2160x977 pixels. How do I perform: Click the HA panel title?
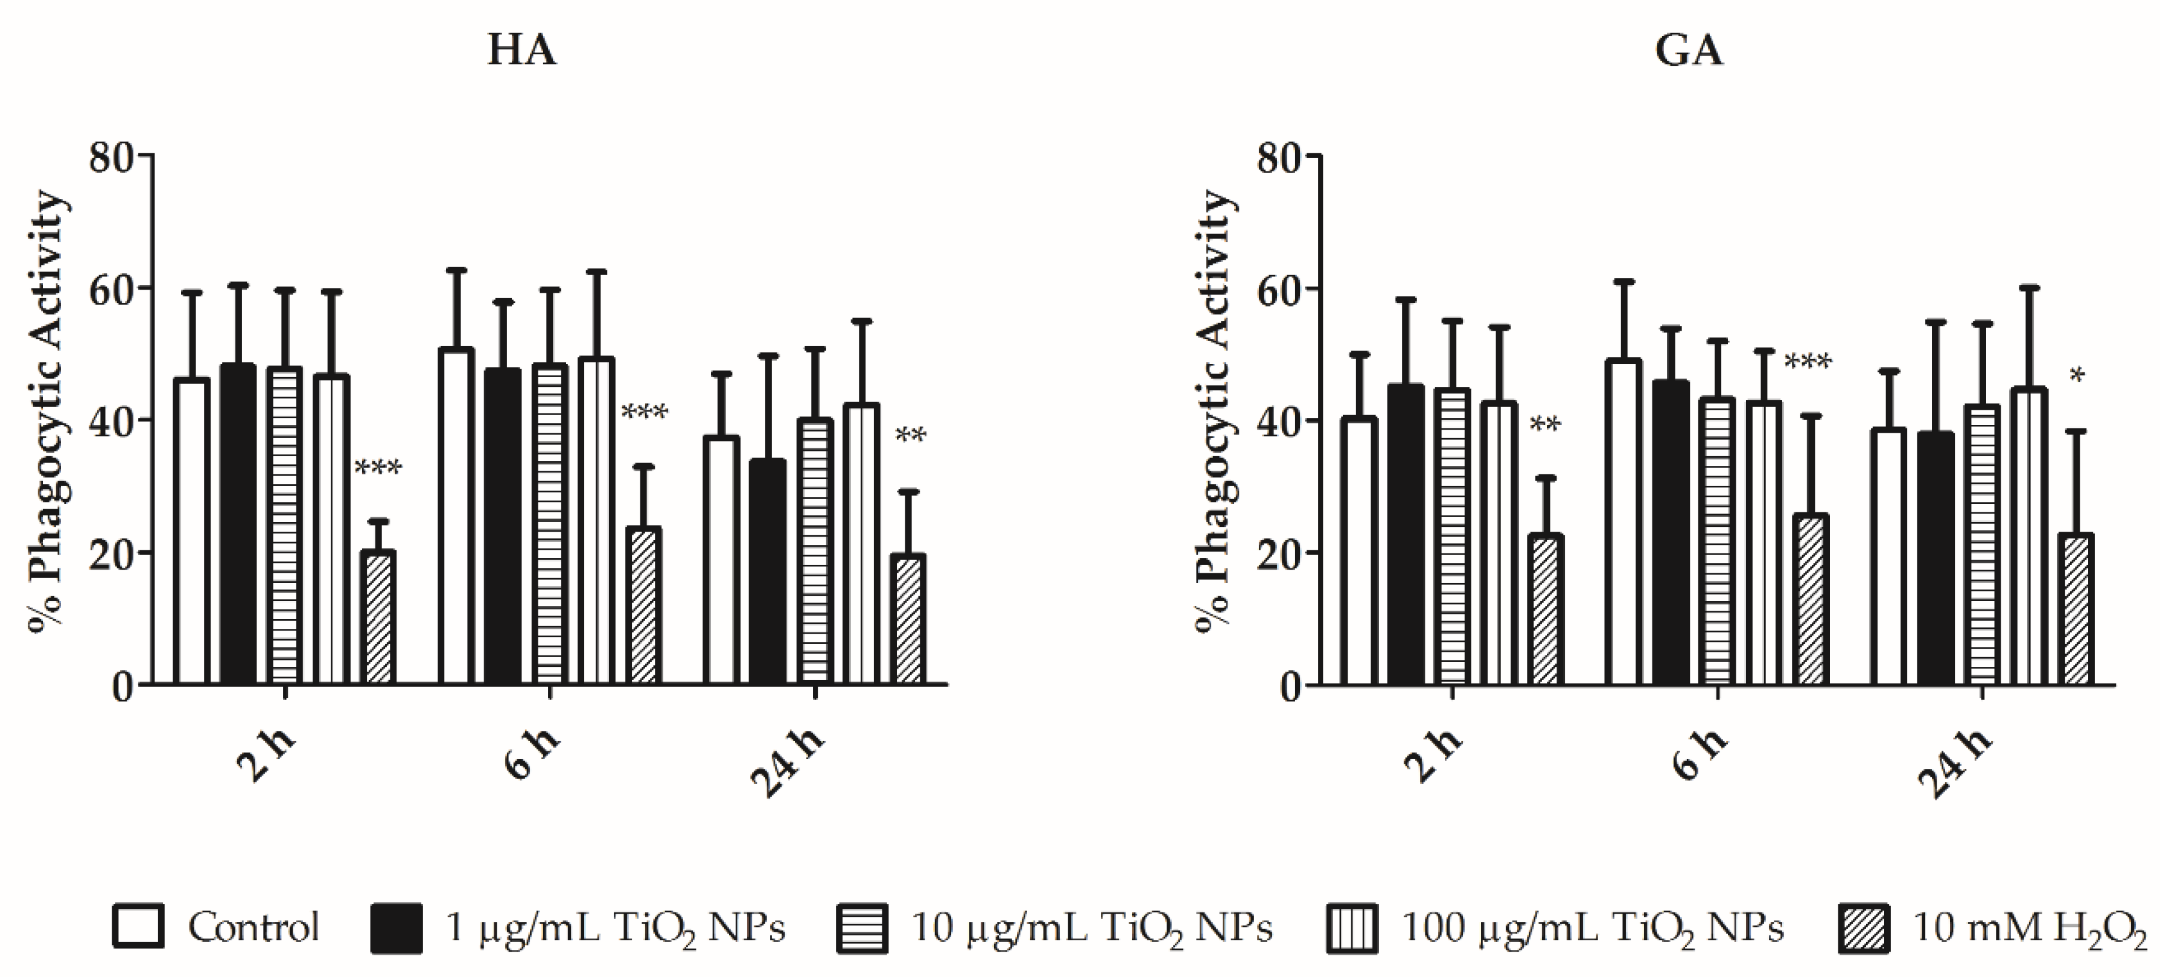tap(521, 50)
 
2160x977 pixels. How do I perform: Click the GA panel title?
tap(1689, 50)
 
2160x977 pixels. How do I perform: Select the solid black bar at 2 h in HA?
tap(238, 524)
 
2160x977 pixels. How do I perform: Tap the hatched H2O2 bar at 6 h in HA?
tap(644, 605)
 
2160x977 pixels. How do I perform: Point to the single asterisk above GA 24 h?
tap(2077, 376)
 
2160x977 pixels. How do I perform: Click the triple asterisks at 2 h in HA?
tap(378, 467)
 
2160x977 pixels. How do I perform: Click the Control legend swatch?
tap(138, 927)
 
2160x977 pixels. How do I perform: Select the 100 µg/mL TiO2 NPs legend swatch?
tap(1352, 928)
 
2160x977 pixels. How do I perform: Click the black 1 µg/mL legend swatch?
tap(396, 928)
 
